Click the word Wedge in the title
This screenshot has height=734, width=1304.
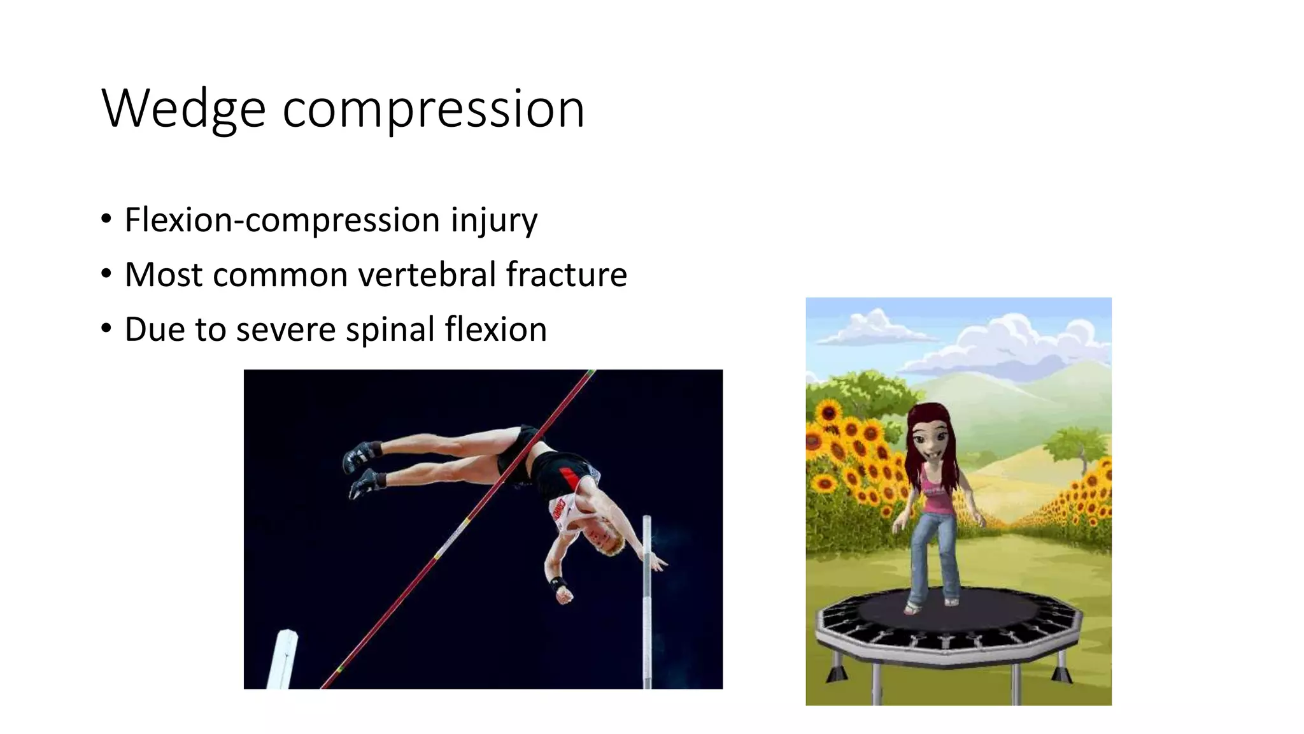(x=183, y=110)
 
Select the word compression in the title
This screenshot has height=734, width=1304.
(x=433, y=110)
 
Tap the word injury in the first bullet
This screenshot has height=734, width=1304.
(x=494, y=220)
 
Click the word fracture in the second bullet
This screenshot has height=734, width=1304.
(x=567, y=275)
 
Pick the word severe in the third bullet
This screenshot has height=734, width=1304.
(x=286, y=329)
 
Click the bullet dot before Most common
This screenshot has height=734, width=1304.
(x=106, y=275)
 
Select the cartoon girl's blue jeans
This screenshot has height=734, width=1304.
(x=933, y=554)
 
